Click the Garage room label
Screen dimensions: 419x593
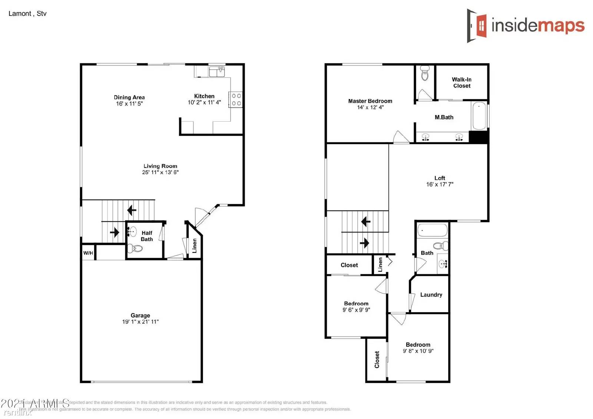tap(140, 315)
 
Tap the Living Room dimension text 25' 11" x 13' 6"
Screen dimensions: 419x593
tap(160, 172)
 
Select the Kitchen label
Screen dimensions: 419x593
tap(204, 96)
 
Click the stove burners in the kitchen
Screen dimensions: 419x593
tap(236, 99)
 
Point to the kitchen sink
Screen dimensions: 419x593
tap(217, 71)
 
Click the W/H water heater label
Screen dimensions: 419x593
tap(88, 253)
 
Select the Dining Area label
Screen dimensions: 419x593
tap(129, 97)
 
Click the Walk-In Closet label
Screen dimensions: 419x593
tap(461, 82)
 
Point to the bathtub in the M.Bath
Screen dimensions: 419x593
tap(479, 115)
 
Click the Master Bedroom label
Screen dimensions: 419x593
tap(370, 101)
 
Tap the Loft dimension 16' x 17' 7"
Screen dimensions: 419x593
tap(440, 184)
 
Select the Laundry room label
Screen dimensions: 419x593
tap(431, 295)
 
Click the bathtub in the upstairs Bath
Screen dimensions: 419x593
tap(432, 230)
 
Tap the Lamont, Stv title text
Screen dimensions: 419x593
tap(27, 14)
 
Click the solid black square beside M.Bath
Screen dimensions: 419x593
tap(478, 136)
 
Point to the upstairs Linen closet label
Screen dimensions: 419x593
tap(380, 265)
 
